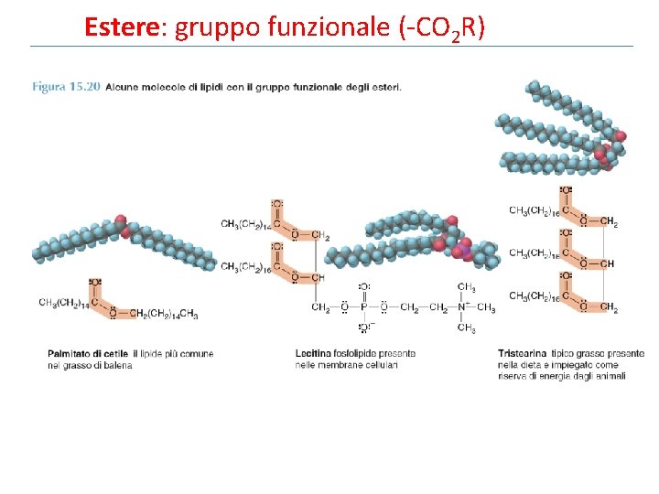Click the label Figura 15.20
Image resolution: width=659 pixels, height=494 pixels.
66,87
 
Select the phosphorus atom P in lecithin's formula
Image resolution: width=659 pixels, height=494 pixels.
364,306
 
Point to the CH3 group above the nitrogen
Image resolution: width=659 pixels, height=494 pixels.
467,286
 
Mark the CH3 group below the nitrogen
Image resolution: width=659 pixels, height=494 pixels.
467,328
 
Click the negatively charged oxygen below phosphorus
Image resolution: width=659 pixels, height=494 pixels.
364,327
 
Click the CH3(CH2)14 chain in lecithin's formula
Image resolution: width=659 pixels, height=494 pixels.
243,223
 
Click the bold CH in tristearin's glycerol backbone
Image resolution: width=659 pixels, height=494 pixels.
609,264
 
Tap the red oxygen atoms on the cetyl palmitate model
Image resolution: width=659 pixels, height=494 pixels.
122,224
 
